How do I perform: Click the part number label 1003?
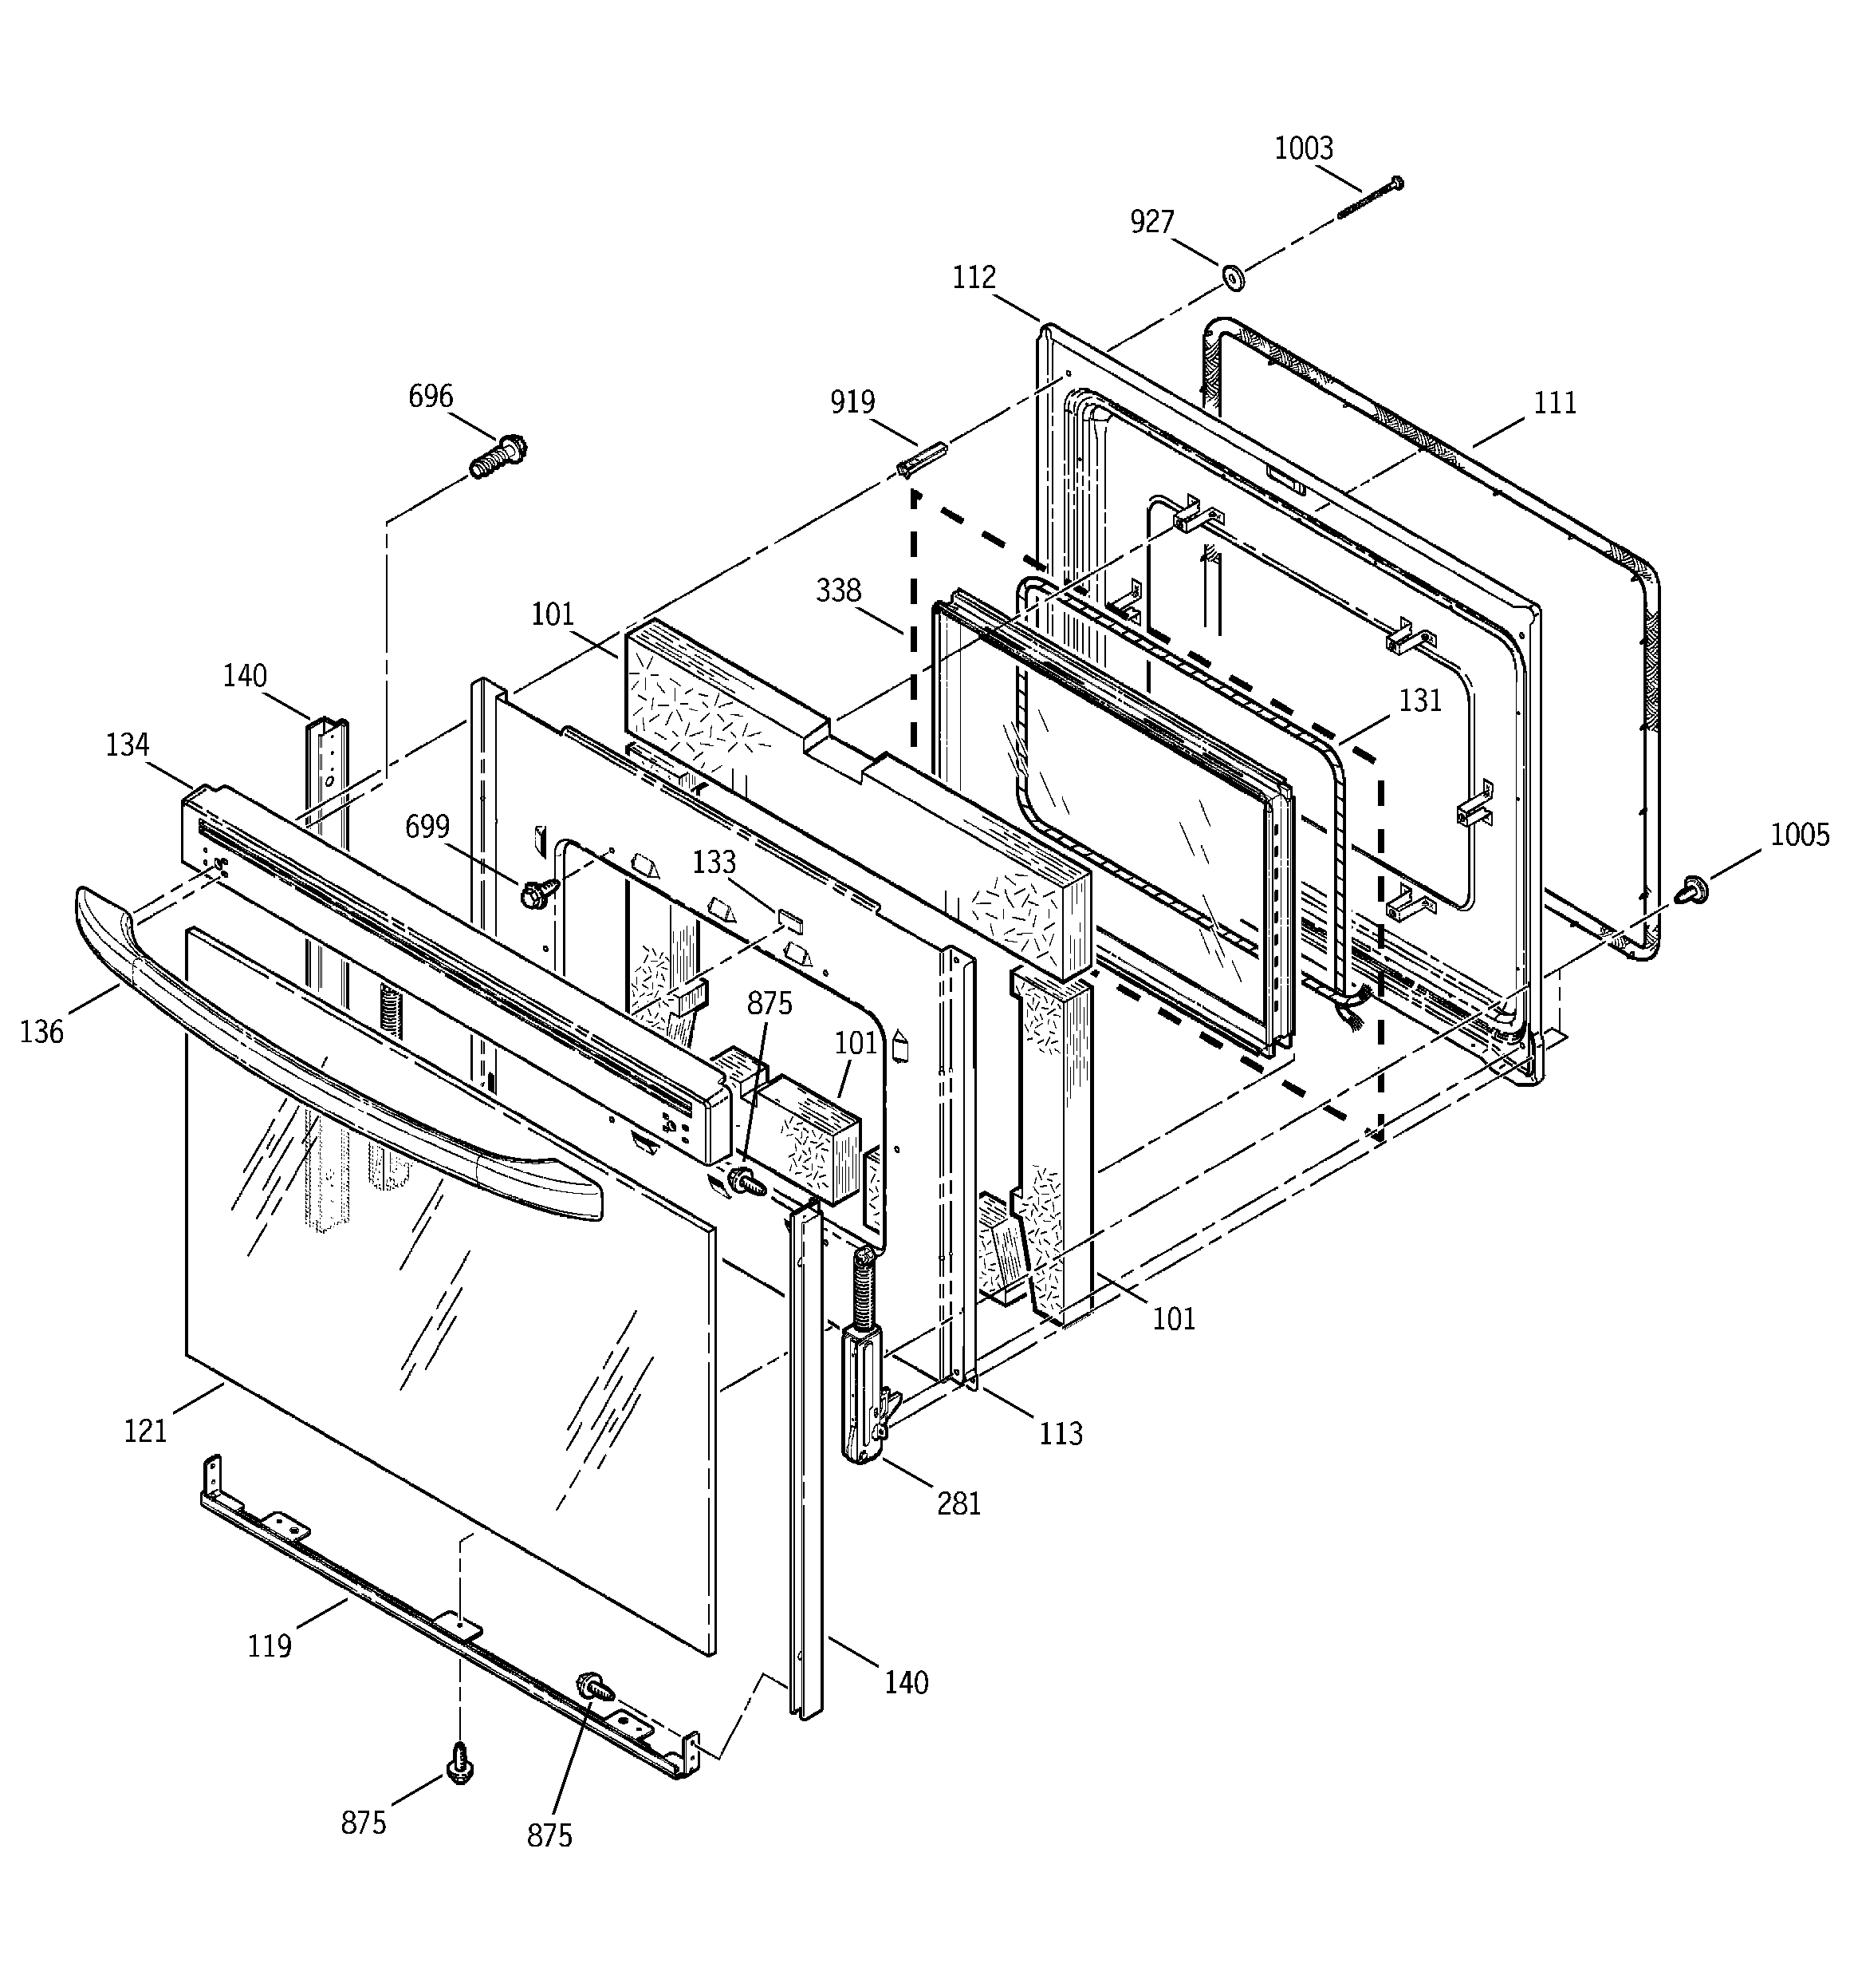(1303, 149)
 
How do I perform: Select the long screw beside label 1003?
(1371, 198)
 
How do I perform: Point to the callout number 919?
(852, 402)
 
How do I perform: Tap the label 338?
(838, 591)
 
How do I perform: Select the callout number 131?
(1420, 701)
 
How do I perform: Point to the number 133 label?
(714, 863)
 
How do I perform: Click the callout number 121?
(145, 1432)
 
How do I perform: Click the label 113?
(1061, 1432)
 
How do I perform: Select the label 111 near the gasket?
(1555, 402)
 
